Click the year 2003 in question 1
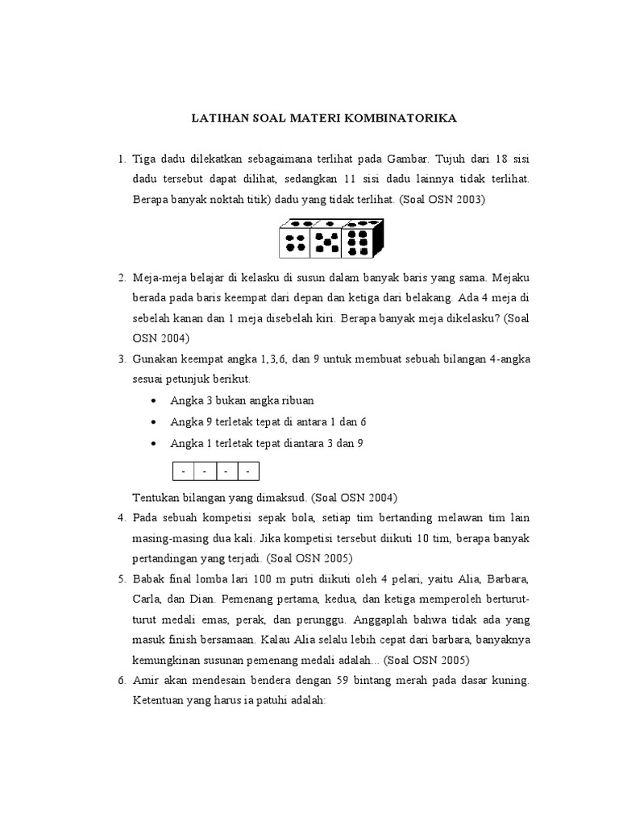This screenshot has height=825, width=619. (466, 198)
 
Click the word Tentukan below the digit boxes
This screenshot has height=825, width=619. (156, 497)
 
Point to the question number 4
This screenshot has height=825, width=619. (121, 517)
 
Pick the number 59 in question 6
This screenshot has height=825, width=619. (359, 680)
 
